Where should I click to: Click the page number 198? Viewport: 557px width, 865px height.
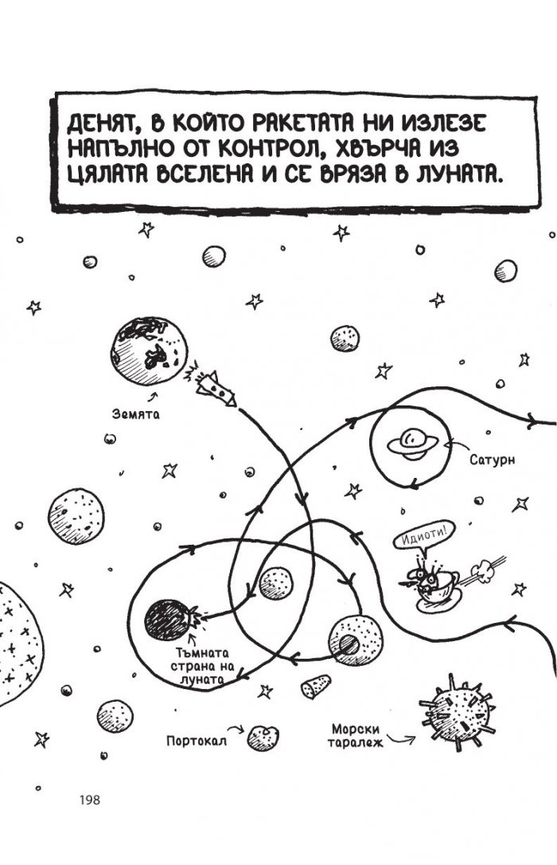(90, 800)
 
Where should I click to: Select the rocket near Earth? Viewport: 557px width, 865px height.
(216, 388)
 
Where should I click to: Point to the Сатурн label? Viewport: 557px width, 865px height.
(492, 459)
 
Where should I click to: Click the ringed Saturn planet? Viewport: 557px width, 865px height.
(413, 442)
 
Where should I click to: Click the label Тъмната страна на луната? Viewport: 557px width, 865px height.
(202, 667)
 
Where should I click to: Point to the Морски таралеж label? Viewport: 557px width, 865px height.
(356, 736)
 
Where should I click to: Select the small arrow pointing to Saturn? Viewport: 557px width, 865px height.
(455, 446)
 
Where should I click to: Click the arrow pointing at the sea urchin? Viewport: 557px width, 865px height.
(400, 738)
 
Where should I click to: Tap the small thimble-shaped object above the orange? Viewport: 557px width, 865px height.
(316, 686)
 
